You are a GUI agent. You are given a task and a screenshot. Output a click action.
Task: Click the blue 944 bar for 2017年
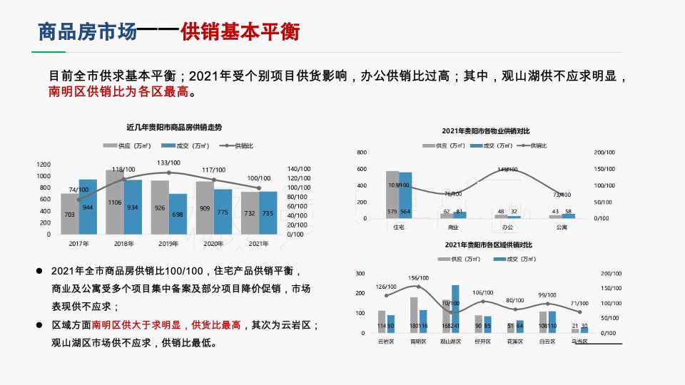click(x=88, y=207)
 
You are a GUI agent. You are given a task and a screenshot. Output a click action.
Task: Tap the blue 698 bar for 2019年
click(x=178, y=214)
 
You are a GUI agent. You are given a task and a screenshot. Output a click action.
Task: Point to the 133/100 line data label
click(x=169, y=163)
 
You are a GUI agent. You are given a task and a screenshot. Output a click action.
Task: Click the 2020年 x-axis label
click(x=213, y=244)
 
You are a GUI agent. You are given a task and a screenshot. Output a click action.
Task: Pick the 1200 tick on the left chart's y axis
click(x=44, y=165)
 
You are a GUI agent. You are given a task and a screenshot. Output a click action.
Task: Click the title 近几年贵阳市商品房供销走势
click(x=173, y=127)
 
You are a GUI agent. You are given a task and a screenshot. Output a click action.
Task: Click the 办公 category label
click(x=507, y=227)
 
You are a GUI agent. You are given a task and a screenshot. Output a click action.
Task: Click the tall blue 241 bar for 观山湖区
click(x=455, y=309)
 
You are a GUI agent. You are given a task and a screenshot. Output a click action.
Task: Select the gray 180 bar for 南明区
click(x=414, y=314)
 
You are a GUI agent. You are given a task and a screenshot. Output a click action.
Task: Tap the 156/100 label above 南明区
click(x=418, y=278)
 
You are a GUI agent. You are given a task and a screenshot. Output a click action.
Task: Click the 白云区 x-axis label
click(x=547, y=342)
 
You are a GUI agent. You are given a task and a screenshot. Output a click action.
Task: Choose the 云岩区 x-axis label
click(x=386, y=342)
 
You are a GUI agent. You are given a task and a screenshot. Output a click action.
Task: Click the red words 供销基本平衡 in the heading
click(x=240, y=32)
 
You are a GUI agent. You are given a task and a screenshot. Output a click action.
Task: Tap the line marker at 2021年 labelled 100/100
click(x=258, y=188)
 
